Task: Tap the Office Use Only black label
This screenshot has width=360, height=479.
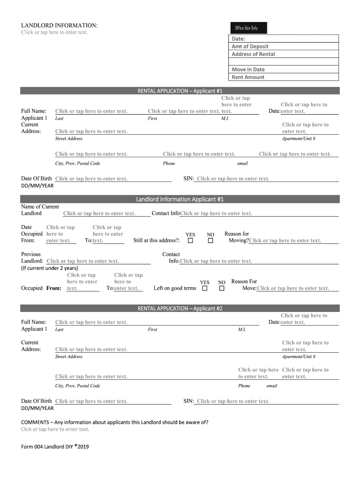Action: point(249,28)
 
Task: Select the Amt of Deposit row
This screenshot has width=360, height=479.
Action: point(284,46)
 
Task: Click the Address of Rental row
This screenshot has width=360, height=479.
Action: point(284,54)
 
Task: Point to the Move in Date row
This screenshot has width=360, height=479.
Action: point(284,70)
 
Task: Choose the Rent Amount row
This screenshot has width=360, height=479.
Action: point(284,77)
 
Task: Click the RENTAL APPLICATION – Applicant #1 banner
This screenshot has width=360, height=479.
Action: point(180,91)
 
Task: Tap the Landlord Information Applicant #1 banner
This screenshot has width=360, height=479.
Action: point(180,200)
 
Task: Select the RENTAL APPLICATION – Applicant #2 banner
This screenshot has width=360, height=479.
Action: point(180,309)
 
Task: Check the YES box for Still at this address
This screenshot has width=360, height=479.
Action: point(190,241)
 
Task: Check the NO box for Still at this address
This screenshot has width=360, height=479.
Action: point(210,241)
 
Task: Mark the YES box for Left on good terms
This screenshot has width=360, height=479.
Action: point(205,289)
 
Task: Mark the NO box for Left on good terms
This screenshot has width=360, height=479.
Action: point(222,289)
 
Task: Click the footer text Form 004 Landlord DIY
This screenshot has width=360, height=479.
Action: point(55,447)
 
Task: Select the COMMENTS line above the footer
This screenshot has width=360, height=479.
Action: point(115,422)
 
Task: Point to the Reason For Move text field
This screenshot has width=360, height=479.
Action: point(293,289)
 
